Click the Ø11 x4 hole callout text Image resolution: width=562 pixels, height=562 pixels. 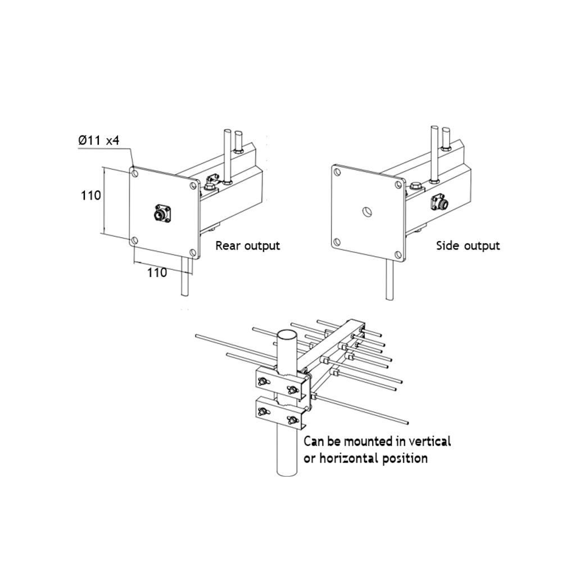coord(98,140)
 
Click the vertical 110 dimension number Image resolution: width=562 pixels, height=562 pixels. coord(90,196)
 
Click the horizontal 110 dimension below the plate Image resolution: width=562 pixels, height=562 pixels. coord(157,273)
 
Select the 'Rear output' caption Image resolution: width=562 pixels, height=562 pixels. coord(247,246)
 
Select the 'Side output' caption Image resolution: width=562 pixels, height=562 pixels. coord(468,246)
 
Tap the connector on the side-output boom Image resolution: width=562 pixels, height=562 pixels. coord(440,202)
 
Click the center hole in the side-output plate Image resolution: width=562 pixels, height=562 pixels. coord(366,212)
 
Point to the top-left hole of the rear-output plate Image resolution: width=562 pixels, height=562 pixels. coord(135,174)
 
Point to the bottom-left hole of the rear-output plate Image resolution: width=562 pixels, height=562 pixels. coord(134,241)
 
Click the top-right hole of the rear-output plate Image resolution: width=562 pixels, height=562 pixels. coord(193,185)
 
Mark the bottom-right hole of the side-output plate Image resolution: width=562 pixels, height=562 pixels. coord(398,255)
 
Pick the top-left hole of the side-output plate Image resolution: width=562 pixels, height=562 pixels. coord(337,173)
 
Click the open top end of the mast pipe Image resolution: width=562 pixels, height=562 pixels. coord(287,336)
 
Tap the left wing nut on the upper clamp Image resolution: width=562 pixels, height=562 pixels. coord(264,382)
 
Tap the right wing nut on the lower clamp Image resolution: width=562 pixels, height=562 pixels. coord(292,419)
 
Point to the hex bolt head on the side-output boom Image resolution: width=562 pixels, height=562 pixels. coord(415,185)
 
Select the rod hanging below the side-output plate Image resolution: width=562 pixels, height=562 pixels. coord(389,279)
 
